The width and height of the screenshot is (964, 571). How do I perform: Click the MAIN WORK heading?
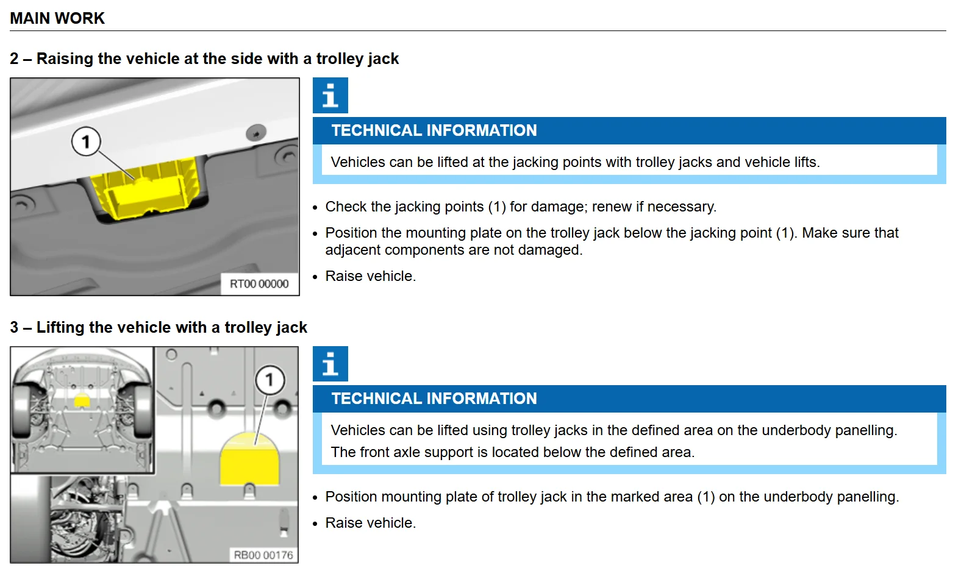coord(57,18)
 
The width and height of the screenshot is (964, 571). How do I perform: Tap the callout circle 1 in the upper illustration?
coord(86,141)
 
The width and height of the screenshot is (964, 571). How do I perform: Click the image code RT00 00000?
coord(259,284)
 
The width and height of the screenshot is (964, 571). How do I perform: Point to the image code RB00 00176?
coord(263,555)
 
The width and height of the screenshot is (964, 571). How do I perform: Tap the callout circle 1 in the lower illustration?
coord(270,380)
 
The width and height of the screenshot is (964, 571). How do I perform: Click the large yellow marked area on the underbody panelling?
coord(249,459)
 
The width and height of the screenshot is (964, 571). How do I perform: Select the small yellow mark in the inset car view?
coord(82,400)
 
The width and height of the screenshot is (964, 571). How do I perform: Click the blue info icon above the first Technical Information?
coord(330,96)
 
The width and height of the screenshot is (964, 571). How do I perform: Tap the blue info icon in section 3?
coord(330,364)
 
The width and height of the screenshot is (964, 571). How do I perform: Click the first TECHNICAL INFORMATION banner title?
coord(434,130)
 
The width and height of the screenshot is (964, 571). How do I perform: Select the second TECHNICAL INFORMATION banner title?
coord(434,399)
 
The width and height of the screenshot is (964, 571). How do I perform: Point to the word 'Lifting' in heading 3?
coord(61,327)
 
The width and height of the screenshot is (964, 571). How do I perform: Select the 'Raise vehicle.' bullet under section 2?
coord(371,276)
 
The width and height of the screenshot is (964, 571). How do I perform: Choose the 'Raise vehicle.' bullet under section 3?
coord(371,523)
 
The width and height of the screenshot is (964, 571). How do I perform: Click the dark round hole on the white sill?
coord(256,133)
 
